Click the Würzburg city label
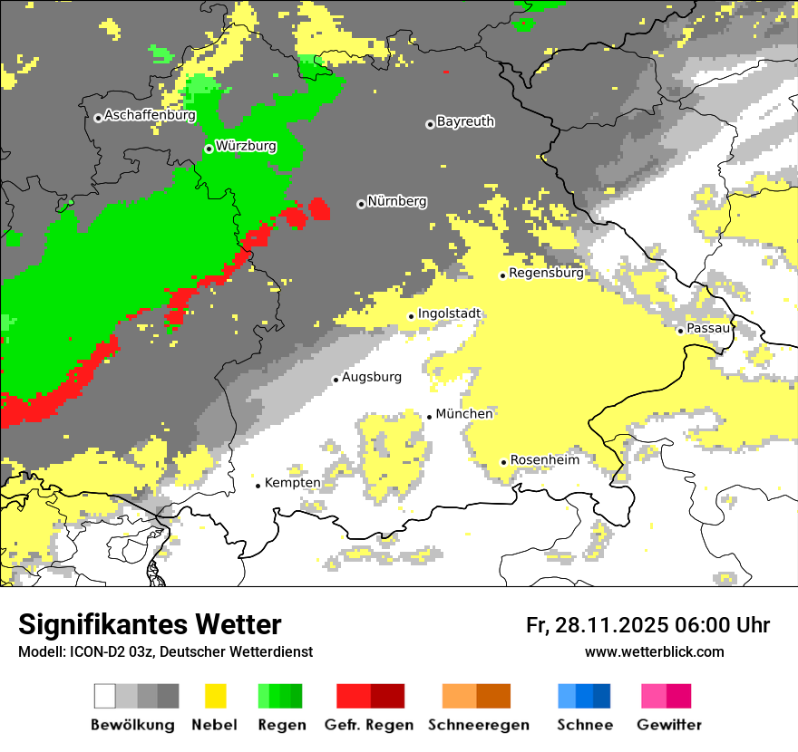pyautogui.click(x=246, y=146)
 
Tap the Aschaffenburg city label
pyautogui.click(x=150, y=115)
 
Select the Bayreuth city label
pyautogui.click(x=465, y=121)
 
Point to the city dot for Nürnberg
pyautogui.click(x=361, y=204)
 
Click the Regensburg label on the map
pyautogui.click(x=546, y=273)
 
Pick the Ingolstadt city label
pyautogui.click(x=449, y=313)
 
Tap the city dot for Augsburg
pyautogui.click(x=336, y=380)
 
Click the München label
pyautogui.click(x=464, y=414)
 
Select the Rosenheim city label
pyautogui.click(x=544, y=460)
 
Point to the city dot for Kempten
pyautogui.click(x=258, y=486)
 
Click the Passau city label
pyautogui.click(x=708, y=328)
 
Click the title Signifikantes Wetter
pyautogui.click(x=150, y=625)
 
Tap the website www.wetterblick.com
pyautogui.click(x=654, y=652)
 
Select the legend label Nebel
pyautogui.click(x=214, y=725)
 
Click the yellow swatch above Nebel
pyautogui.click(x=216, y=696)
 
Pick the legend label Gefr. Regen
pyautogui.click(x=369, y=725)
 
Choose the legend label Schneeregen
pyautogui.click(x=479, y=725)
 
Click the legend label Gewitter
pyautogui.click(x=669, y=725)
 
